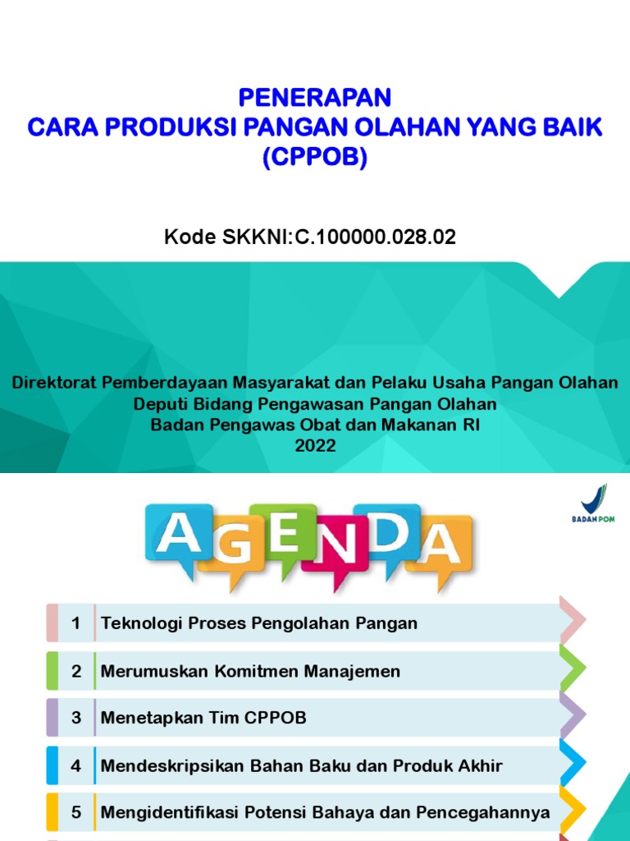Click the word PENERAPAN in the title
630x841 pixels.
pyautogui.click(x=315, y=99)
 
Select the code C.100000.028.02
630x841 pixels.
pyautogui.click(x=369, y=238)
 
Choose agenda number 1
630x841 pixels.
pyautogui.click(x=76, y=623)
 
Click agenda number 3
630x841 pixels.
pyautogui.click(x=76, y=718)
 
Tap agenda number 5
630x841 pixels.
pyautogui.click(x=76, y=813)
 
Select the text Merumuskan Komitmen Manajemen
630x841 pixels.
pyautogui.click(x=250, y=671)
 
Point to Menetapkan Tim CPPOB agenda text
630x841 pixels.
pyautogui.click(x=203, y=718)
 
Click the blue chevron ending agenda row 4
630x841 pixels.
pyautogui.click(x=573, y=764)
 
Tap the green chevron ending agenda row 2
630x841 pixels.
pyautogui.click(x=573, y=669)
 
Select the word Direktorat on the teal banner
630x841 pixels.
pyautogui.click(x=53, y=383)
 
